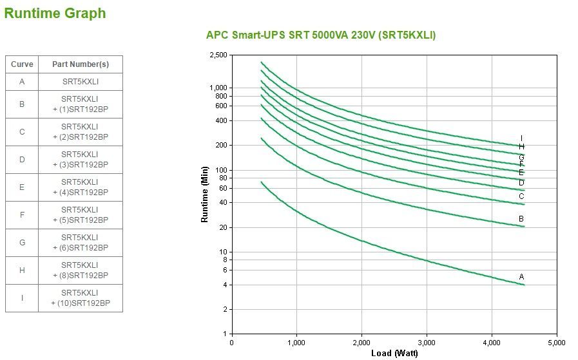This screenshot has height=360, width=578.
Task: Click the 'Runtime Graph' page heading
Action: point(55,14)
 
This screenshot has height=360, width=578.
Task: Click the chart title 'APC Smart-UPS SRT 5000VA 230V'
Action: point(320,35)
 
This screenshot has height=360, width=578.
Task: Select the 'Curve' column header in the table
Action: point(22,64)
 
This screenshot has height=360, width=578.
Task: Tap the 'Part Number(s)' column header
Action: point(81,64)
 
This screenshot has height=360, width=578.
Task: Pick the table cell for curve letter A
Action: point(22,82)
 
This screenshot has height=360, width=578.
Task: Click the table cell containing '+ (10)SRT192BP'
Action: point(81,298)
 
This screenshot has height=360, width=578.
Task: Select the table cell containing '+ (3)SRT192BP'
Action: point(81,160)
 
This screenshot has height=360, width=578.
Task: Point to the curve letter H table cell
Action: point(22,270)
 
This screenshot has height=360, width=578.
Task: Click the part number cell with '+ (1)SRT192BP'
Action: point(81,104)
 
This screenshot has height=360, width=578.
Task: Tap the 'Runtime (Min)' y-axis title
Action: point(205,194)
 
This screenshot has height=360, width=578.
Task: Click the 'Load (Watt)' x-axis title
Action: point(394,353)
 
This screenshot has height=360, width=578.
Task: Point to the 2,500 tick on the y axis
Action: point(218,55)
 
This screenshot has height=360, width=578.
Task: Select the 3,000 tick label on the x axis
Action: point(427,342)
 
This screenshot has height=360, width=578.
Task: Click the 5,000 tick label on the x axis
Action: point(557,342)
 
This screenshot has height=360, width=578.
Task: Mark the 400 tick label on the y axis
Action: point(221,120)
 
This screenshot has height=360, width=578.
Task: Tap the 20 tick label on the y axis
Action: point(223,227)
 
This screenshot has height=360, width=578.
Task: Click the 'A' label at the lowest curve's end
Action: point(522,277)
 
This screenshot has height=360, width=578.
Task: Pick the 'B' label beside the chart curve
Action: point(521,219)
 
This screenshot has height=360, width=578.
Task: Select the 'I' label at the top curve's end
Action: point(521,138)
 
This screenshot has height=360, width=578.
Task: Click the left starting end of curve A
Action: point(262,182)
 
